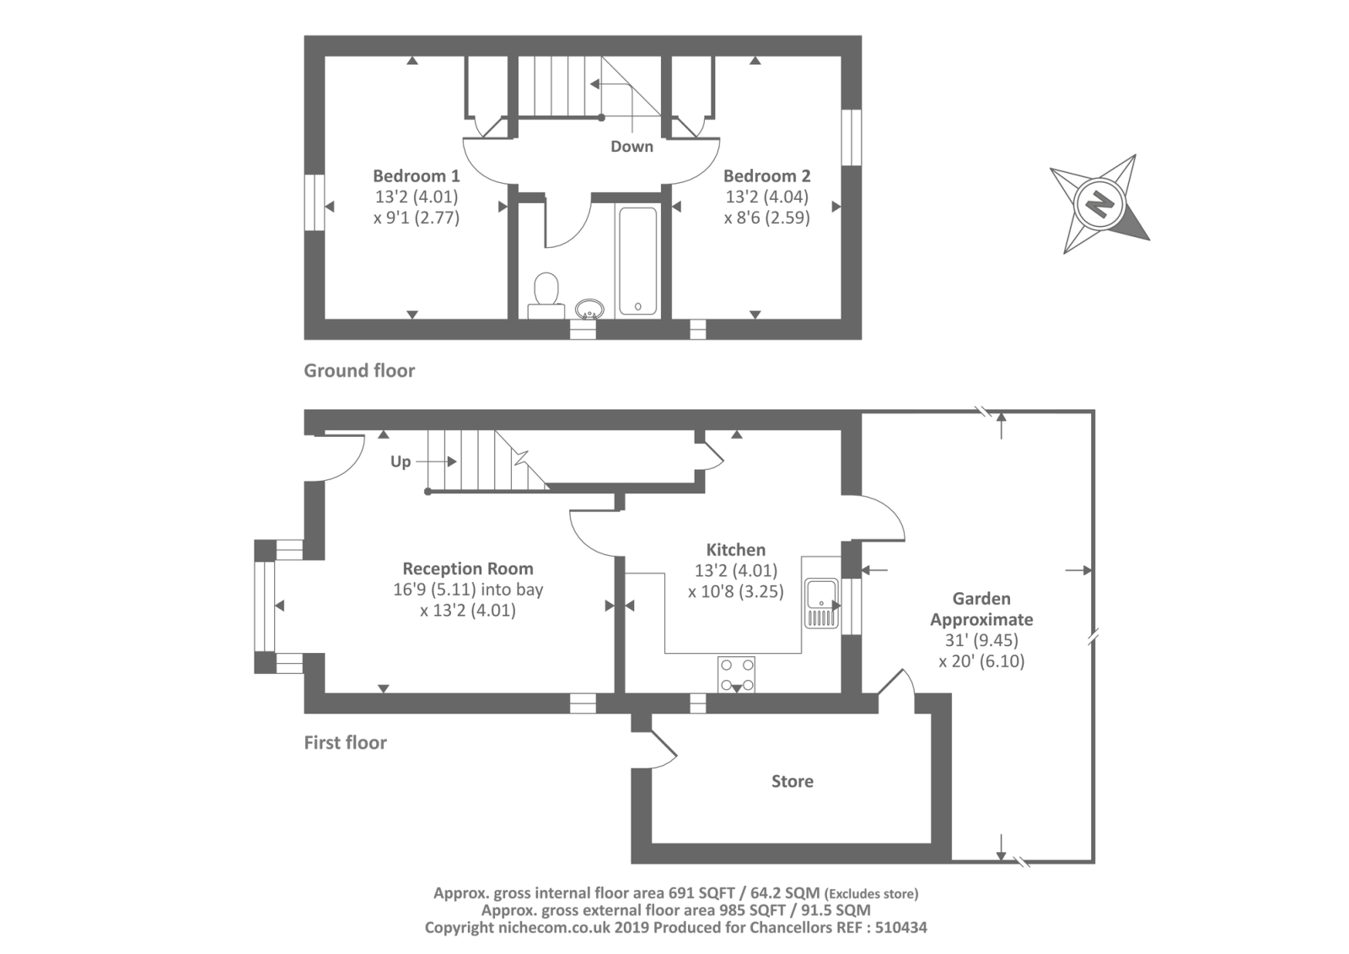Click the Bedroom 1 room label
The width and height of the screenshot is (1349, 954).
(x=416, y=176)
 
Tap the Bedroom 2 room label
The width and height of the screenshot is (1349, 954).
(x=766, y=176)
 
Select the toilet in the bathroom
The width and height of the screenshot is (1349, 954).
(x=546, y=293)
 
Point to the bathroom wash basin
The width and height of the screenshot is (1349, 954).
(x=589, y=309)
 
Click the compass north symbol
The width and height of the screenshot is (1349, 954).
(x=1099, y=203)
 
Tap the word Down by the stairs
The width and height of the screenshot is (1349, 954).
(x=632, y=147)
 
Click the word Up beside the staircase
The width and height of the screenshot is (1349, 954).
(x=400, y=461)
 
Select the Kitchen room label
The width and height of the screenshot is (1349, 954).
(x=735, y=550)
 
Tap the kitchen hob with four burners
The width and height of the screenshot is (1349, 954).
(x=736, y=674)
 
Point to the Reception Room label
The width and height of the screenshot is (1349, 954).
(x=467, y=569)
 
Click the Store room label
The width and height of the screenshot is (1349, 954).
(x=792, y=781)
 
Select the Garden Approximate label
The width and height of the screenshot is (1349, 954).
(x=981, y=609)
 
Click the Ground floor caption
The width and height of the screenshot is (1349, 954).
(x=359, y=370)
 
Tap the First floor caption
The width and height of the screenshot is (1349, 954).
(x=345, y=742)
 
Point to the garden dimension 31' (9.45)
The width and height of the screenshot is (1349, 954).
(x=981, y=640)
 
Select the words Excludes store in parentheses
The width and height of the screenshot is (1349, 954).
(x=871, y=893)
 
